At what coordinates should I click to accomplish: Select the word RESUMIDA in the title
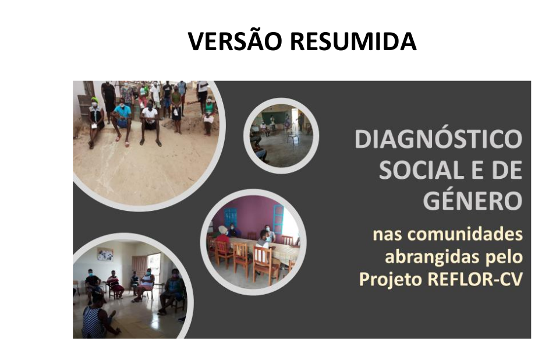353,41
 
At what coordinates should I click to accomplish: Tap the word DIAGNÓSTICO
438,139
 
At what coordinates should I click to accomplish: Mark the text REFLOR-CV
475,279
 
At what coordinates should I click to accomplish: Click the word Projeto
391,280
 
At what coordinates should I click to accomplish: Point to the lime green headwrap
94,100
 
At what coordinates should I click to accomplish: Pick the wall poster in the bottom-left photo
105,254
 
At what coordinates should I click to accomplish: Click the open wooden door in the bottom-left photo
139,267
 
